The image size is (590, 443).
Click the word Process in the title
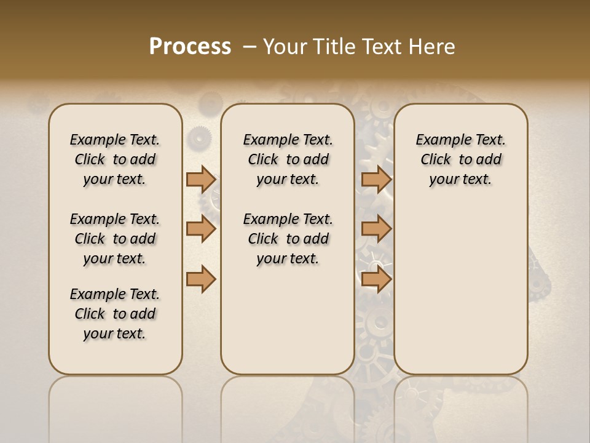pos(190,47)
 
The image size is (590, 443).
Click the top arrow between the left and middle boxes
pos(201,179)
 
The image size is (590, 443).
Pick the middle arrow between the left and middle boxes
pos(201,229)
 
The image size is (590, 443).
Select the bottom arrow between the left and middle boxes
pos(201,279)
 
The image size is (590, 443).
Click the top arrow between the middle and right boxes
pos(376,179)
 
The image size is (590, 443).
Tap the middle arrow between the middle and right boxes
pos(376,229)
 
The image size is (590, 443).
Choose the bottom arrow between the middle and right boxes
pos(376,279)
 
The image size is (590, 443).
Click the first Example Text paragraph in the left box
pos(115,159)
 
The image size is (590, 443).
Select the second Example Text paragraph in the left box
pos(115,239)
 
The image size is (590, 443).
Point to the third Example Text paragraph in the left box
pos(115,314)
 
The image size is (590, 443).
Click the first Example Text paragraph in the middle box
pos(288,159)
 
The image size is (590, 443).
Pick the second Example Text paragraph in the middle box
pos(288,239)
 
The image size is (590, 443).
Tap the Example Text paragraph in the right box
pos(461,159)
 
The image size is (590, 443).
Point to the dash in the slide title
pos(250,47)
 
